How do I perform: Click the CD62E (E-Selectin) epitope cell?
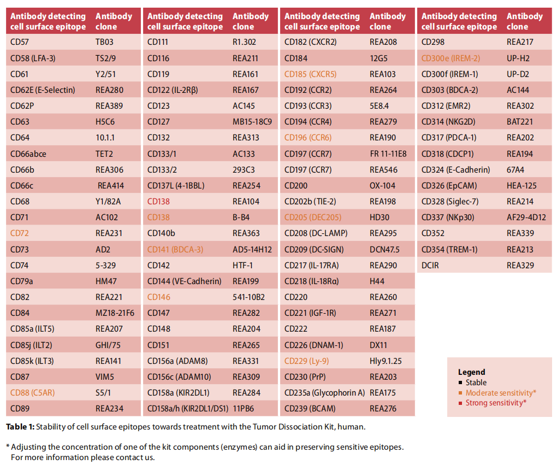43,90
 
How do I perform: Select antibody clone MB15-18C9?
252,122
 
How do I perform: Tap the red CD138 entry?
158,202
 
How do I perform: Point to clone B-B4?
241,217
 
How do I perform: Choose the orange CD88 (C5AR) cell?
32,393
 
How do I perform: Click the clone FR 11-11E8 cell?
388,154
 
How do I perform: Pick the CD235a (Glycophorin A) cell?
325,393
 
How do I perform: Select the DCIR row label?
430,265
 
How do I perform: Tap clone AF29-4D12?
526,217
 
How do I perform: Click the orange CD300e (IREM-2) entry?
451,58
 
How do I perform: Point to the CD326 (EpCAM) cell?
449,186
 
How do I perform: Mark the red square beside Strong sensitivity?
460,403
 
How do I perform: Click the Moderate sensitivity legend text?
501,393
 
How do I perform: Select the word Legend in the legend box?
471,372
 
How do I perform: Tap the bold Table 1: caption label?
20,427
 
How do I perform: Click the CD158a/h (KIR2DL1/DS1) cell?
187,409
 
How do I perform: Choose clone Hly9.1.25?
386,361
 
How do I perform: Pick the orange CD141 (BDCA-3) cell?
175,250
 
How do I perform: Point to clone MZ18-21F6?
115,313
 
